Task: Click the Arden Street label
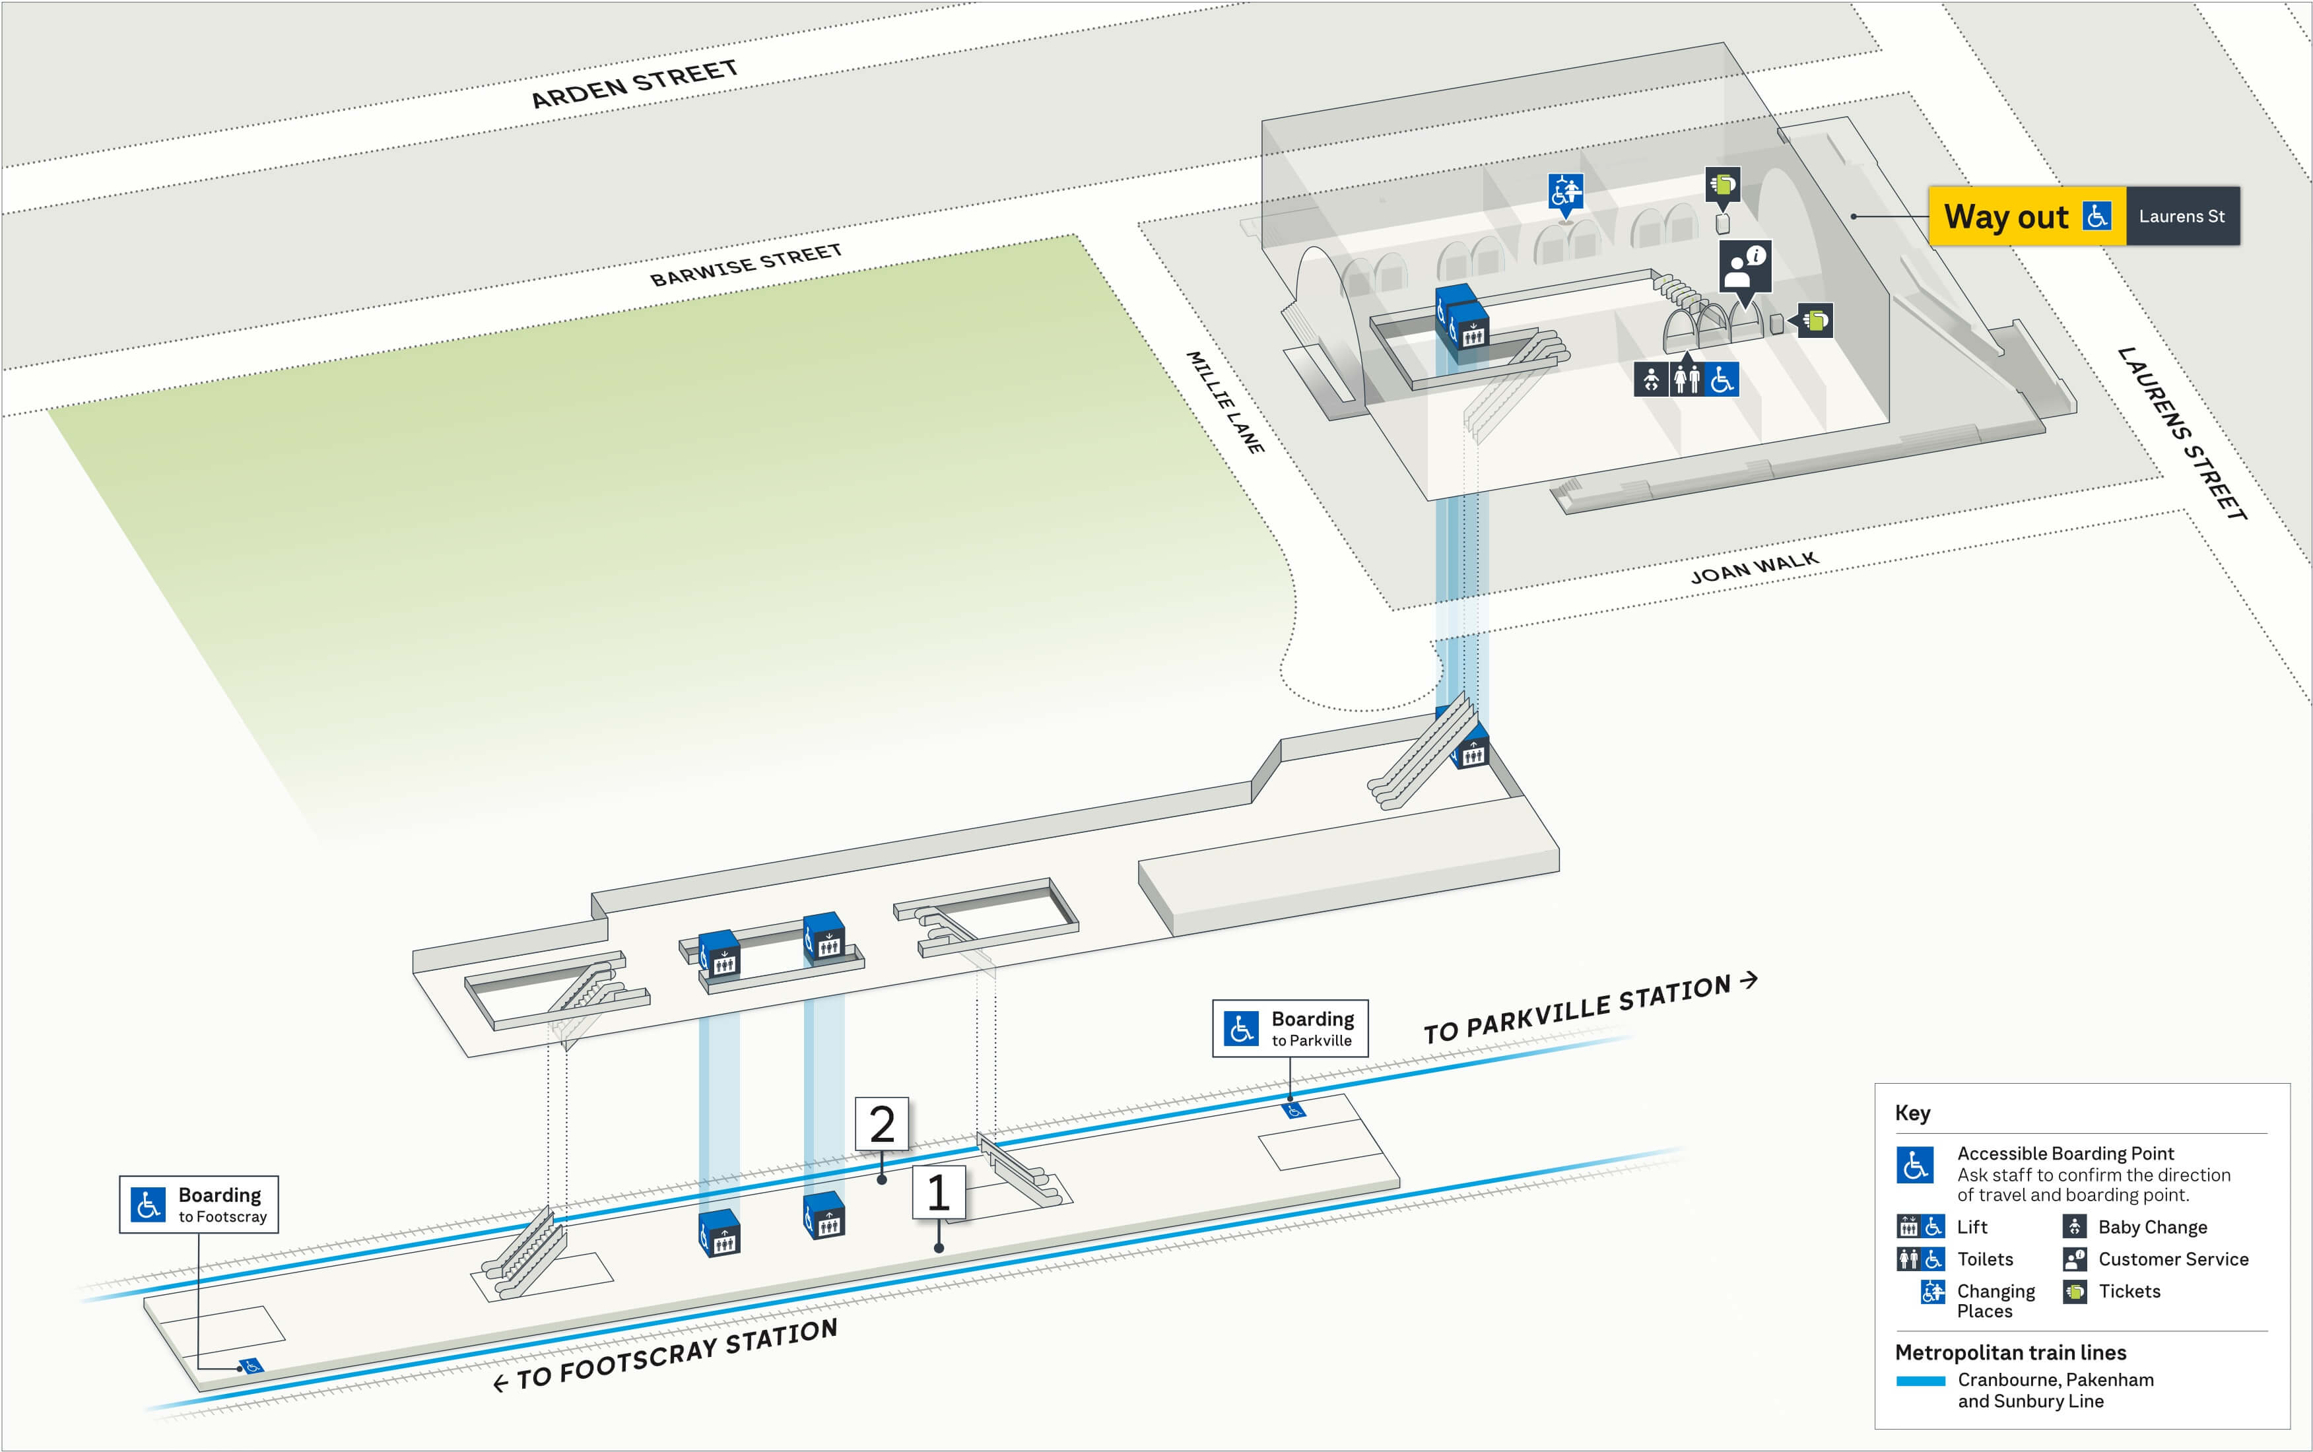click(634, 84)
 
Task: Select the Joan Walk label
click(1753, 568)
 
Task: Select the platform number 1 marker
click(938, 1193)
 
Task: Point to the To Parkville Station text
click(1589, 1008)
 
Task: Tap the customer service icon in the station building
click(1745, 266)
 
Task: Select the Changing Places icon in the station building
click(1565, 191)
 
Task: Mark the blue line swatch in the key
click(1920, 1380)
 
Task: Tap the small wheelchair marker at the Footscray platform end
click(251, 1365)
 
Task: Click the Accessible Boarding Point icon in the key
click(1914, 1165)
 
